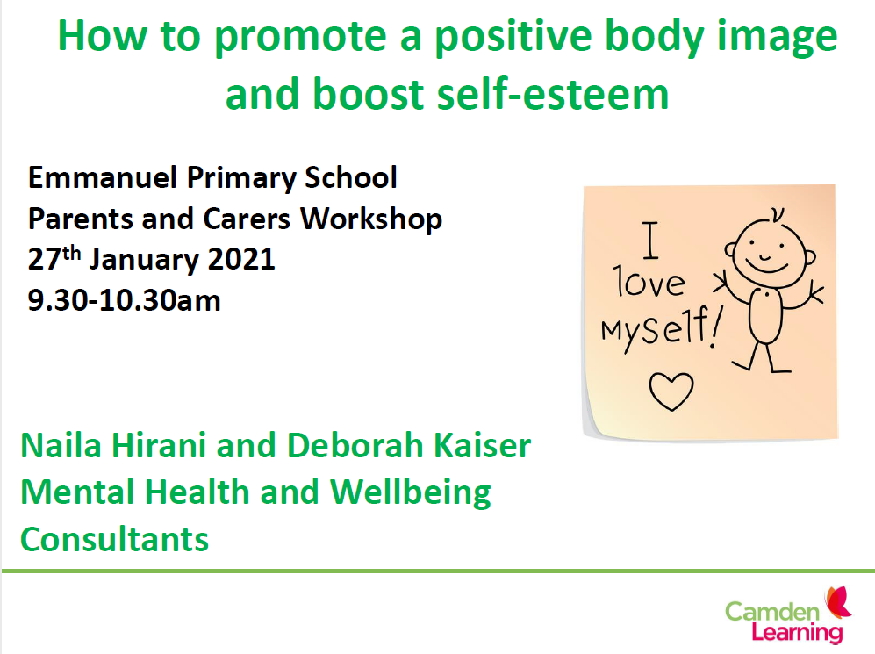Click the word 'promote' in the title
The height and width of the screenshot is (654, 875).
(300, 38)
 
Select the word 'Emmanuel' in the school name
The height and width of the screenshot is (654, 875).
(103, 177)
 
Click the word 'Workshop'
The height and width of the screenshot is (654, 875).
(371, 219)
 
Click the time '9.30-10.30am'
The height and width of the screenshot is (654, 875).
(124, 301)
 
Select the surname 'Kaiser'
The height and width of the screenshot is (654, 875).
(482, 445)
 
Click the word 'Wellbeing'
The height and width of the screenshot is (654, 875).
(410, 493)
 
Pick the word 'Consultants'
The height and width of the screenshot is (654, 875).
(114, 540)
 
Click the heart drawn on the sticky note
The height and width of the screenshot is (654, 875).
(671, 391)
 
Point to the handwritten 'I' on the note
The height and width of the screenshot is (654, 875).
(650, 241)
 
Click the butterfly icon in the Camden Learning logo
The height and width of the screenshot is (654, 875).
(838, 602)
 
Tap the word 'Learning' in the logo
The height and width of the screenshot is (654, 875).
(797, 633)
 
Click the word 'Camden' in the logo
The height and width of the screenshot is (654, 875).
(771, 612)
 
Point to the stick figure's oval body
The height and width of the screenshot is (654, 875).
(765, 316)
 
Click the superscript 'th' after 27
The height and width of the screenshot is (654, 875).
(72, 253)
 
